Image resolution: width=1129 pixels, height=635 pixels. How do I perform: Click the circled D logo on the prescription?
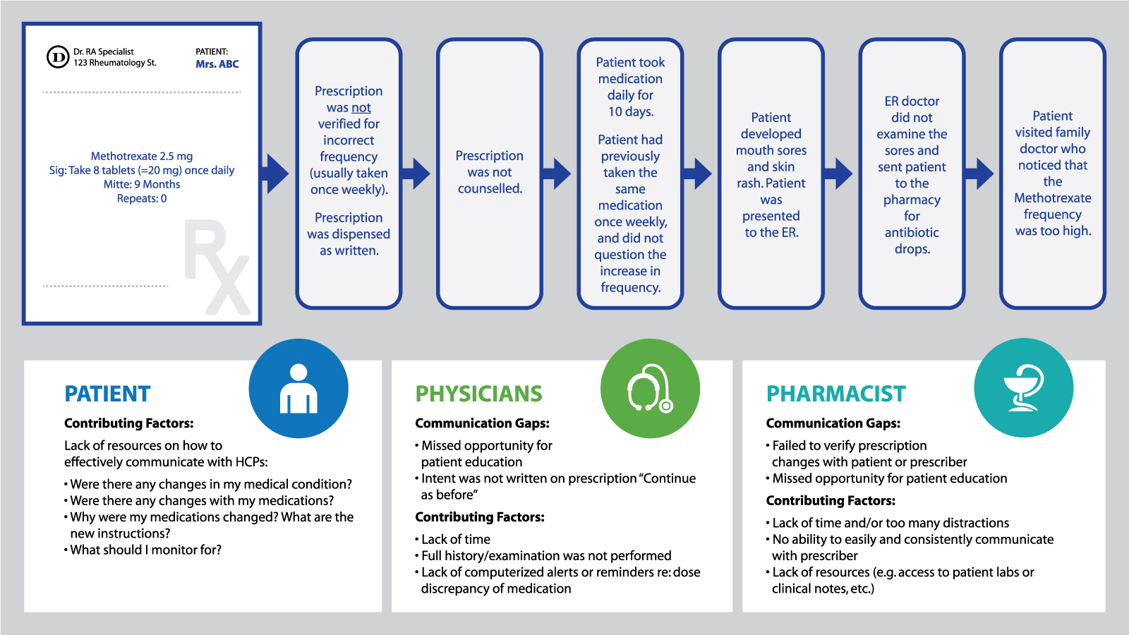pyautogui.click(x=58, y=57)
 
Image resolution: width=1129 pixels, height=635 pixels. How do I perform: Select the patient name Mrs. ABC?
pyautogui.click(x=217, y=64)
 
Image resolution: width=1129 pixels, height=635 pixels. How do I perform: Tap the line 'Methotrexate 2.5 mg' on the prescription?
pyautogui.click(x=142, y=156)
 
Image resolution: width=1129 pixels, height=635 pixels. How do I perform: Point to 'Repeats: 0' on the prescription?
pyautogui.click(x=142, y=198)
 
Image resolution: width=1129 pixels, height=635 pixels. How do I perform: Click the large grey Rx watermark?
pyautogui.click(x=217, y=267)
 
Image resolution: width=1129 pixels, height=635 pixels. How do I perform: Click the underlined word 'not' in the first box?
pyautogui.click(x=361, y=107)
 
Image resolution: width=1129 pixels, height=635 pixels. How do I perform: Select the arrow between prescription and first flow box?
pyautogui.click(x=275, y=174)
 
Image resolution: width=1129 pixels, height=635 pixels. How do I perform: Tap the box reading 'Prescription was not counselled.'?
pyautogui.click(x=490, y=174)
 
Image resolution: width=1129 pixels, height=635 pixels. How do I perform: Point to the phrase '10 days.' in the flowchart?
pyautogui.click(x=631, y=112)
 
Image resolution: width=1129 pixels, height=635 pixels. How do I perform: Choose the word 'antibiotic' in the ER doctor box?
pyautogui.click(x=912, y=232)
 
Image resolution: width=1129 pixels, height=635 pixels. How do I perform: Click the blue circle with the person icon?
pyautogui.click(x=298, y=388)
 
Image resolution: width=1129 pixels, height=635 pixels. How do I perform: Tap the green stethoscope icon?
pyautogui.click(x=650, y=388)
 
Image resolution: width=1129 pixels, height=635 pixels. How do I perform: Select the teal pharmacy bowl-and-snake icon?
pyautogui.click(x=1024, y=387)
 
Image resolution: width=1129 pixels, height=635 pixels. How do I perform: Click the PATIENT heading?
pyautogui.click(x=107, y=394)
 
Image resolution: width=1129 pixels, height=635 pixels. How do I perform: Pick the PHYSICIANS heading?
pyautogui.click(x=479, y=394)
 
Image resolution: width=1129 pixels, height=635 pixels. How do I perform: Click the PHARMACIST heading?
pyautogui.click(x=836, y=394)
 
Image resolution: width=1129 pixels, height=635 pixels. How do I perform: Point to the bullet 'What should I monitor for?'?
pyautogui.click(x=143, y=550)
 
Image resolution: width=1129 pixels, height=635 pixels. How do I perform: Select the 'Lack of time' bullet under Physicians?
pyautogui.click(x=452, y=539)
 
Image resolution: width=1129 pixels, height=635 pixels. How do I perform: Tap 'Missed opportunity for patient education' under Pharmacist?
pyautogui.click(x=886, y=478)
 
